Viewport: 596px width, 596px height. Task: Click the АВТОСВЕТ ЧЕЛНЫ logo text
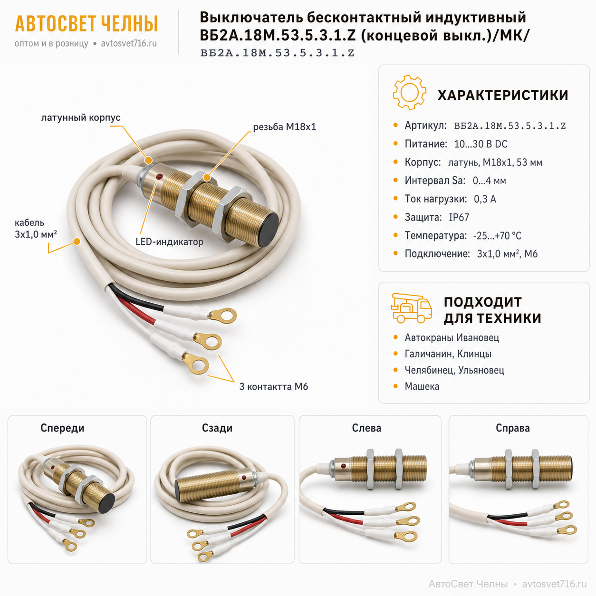tap(87, 24)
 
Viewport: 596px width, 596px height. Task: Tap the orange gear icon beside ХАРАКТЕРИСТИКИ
tap(409, 92)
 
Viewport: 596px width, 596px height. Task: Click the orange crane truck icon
tap(412, 308)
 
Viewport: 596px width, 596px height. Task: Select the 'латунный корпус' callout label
tap(81, 117)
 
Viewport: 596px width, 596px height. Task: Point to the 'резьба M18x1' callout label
tap(285, 127)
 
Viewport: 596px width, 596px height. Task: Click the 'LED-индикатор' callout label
tap(170, 241)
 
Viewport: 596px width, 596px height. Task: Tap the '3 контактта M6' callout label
tap(273, 386)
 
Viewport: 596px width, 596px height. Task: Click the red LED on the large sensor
tap(159, 177)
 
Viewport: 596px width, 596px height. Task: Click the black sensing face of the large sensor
tap(269, 230)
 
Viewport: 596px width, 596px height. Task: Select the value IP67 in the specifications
tap(459, 217)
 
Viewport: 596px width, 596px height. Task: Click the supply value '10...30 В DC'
tap(481, 144)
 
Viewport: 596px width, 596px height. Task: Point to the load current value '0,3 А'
tap(485, 199)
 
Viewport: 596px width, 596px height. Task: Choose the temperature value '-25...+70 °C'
tap(497, 236)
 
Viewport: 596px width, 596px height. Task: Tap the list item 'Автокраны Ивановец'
tap(452, 337)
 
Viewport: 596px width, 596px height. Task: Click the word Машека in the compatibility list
tap(422, 386)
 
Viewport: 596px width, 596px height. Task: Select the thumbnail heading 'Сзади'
tap(217, 428)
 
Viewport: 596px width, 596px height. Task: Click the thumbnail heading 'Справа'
tap(512, 428)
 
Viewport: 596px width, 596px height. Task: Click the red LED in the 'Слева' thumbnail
tap(343, 466)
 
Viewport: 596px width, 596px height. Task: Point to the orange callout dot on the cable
tap(77, 241)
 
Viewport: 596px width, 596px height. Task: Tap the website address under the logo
tap(129, 44)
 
